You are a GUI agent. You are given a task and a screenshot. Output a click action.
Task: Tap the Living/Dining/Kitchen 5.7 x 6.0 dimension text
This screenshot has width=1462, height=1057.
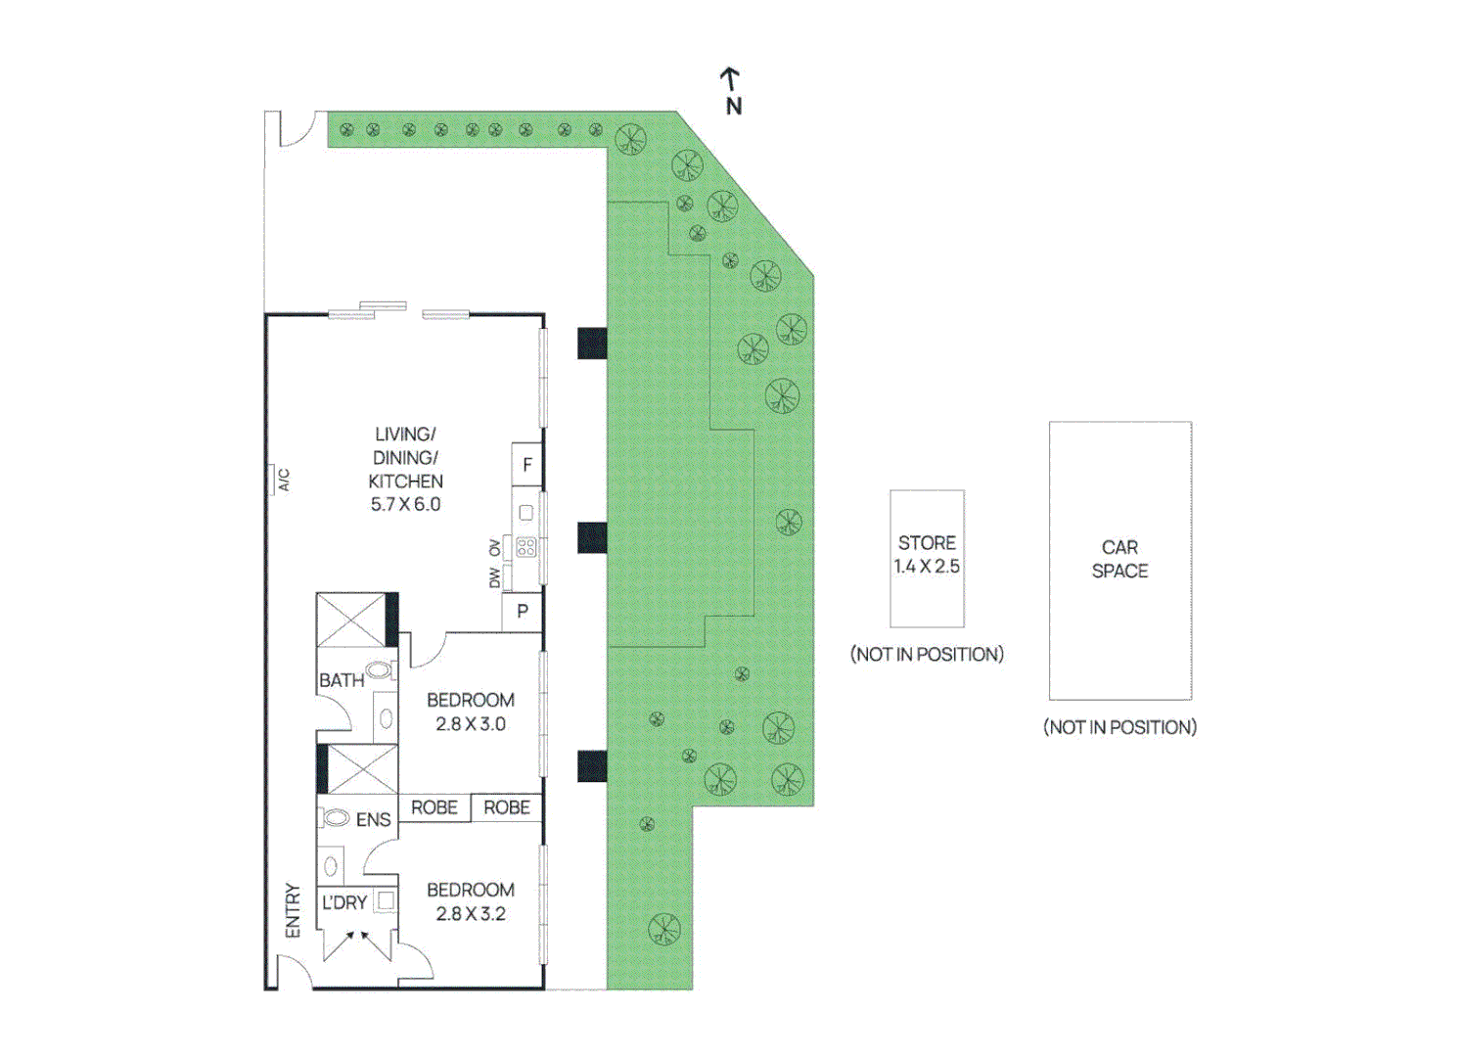[405, 505]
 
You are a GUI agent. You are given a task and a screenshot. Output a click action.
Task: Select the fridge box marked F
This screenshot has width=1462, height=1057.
[527, 465]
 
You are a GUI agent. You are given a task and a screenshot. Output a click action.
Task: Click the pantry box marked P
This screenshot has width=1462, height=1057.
[523, 612]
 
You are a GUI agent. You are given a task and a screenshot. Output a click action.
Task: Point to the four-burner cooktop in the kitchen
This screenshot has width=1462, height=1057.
[526, 547]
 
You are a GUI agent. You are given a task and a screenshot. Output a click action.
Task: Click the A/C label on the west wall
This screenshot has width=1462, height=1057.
[284, 480]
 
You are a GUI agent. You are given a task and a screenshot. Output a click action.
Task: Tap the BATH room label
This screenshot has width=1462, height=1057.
[342, 680]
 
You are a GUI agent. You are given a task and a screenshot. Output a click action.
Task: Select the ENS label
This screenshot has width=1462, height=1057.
[373, 820]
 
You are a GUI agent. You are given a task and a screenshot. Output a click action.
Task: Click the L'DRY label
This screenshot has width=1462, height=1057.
[344, 902]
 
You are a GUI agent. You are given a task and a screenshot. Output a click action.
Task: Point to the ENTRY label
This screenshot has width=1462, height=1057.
[293, 910]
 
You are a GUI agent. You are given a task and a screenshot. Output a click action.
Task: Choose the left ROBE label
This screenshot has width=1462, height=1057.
[434, 807]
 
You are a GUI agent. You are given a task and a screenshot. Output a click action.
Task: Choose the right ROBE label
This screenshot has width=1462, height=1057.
[507, 807]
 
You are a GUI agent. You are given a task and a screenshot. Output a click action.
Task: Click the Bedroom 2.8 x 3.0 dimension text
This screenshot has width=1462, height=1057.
[471, 724]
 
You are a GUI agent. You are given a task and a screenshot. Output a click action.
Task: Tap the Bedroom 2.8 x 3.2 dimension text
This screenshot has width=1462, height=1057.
[471, 914]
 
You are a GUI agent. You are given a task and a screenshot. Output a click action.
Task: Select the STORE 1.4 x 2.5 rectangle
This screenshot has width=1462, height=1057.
[927, 558]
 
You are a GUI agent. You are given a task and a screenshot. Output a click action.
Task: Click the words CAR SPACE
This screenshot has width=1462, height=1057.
[1119, 559]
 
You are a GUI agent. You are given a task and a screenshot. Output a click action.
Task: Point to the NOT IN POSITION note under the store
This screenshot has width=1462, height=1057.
[927, 654]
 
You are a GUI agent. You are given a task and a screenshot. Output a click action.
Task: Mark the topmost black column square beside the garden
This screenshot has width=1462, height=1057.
[592, 344]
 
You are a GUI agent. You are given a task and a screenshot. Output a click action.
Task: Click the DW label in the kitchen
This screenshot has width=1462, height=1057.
[494, 578]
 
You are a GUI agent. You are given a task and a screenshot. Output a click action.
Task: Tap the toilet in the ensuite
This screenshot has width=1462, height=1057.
[336, 817]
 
